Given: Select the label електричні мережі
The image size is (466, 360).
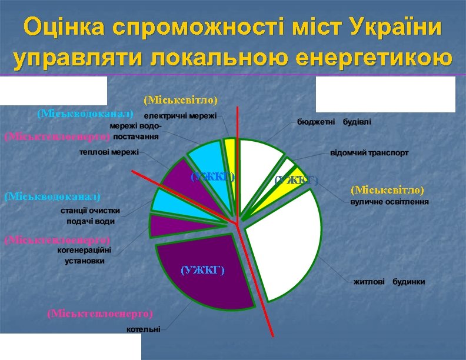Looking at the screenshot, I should (x=181, y=115).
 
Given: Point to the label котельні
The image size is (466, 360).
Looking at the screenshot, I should (x=144, y=329).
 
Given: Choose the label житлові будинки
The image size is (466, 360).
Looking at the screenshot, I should (x=389, y=282).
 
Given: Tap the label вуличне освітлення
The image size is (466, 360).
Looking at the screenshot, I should (x=390, y=202).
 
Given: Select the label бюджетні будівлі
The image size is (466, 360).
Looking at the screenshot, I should (x=334, y=122).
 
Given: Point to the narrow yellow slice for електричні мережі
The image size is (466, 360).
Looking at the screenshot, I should (x=230, y=148).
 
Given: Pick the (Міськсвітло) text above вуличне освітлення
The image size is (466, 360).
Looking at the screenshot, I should (x=387, y=190).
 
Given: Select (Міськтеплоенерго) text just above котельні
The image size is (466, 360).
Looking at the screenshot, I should (x=99, y=313).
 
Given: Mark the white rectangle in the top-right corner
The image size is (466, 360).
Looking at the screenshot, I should (x=385, y=94).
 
